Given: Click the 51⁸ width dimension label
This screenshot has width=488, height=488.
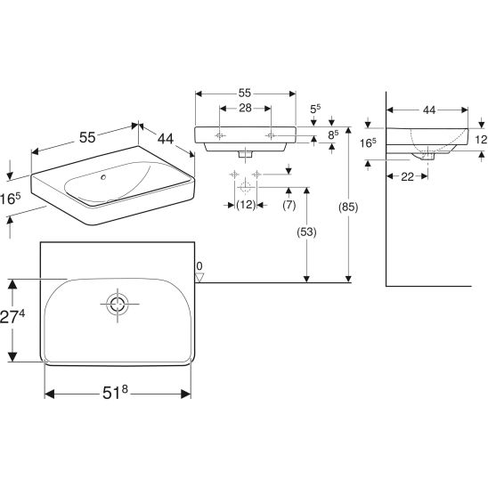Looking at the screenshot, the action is (x=115, y=392).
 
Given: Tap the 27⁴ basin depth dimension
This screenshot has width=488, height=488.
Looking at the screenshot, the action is (x=12, y=317).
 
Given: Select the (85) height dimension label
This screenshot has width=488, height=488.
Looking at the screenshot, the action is (x=348, y=207).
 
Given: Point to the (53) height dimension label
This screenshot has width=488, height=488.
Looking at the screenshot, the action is (x=306, y=232).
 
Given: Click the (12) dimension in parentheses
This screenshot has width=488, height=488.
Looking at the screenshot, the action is (x=246, y=205).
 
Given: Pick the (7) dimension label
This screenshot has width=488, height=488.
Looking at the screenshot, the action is (x=289, y=205).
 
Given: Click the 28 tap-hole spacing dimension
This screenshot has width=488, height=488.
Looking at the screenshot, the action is (x=245, y=108).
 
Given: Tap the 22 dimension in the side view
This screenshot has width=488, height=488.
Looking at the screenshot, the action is (x=407, y=177).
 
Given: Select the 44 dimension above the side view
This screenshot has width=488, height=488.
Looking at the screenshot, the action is (x=429, y=110).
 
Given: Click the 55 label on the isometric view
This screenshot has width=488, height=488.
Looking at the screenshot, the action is (x=87, y=137).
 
